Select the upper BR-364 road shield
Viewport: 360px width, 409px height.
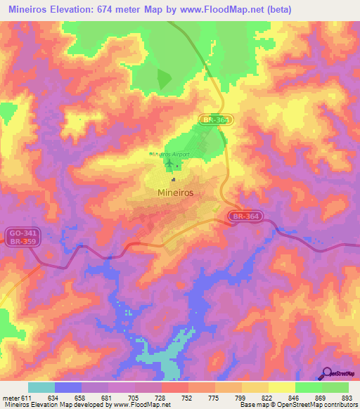(x=214, y=120)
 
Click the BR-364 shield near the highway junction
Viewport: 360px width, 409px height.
(x=245, y=217)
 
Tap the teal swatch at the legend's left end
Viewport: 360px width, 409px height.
(x=41, y=387)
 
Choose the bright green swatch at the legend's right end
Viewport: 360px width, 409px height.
(x=335, y=387)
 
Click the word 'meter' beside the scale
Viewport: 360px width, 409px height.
(x=11, y=397)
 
